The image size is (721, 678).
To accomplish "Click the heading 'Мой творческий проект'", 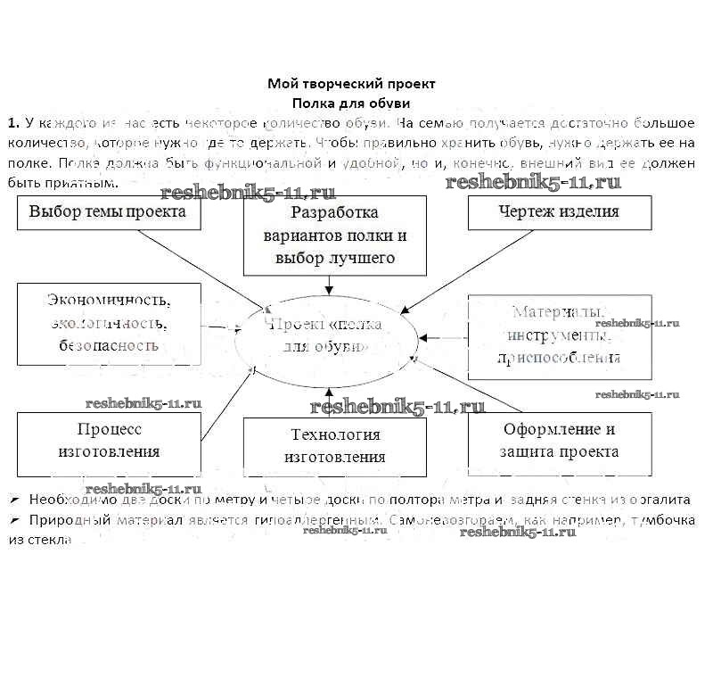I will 352,84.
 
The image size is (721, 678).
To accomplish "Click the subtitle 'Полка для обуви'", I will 352,102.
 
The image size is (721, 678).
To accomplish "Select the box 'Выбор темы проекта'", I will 108,212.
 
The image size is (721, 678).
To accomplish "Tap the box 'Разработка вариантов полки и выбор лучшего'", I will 334,236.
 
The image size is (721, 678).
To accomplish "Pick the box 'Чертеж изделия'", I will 558,212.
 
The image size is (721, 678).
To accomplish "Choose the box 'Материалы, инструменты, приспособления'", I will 558,335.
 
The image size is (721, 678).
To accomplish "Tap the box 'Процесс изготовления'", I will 109,440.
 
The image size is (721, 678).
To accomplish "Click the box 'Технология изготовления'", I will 334,445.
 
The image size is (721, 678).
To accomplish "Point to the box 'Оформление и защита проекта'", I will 560,440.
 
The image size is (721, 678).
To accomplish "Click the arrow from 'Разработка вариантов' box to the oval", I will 330,284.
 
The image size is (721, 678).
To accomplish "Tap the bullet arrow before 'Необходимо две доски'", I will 14,500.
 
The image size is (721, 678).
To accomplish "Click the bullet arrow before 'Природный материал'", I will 14,519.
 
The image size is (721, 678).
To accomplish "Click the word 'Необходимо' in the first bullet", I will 63,500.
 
